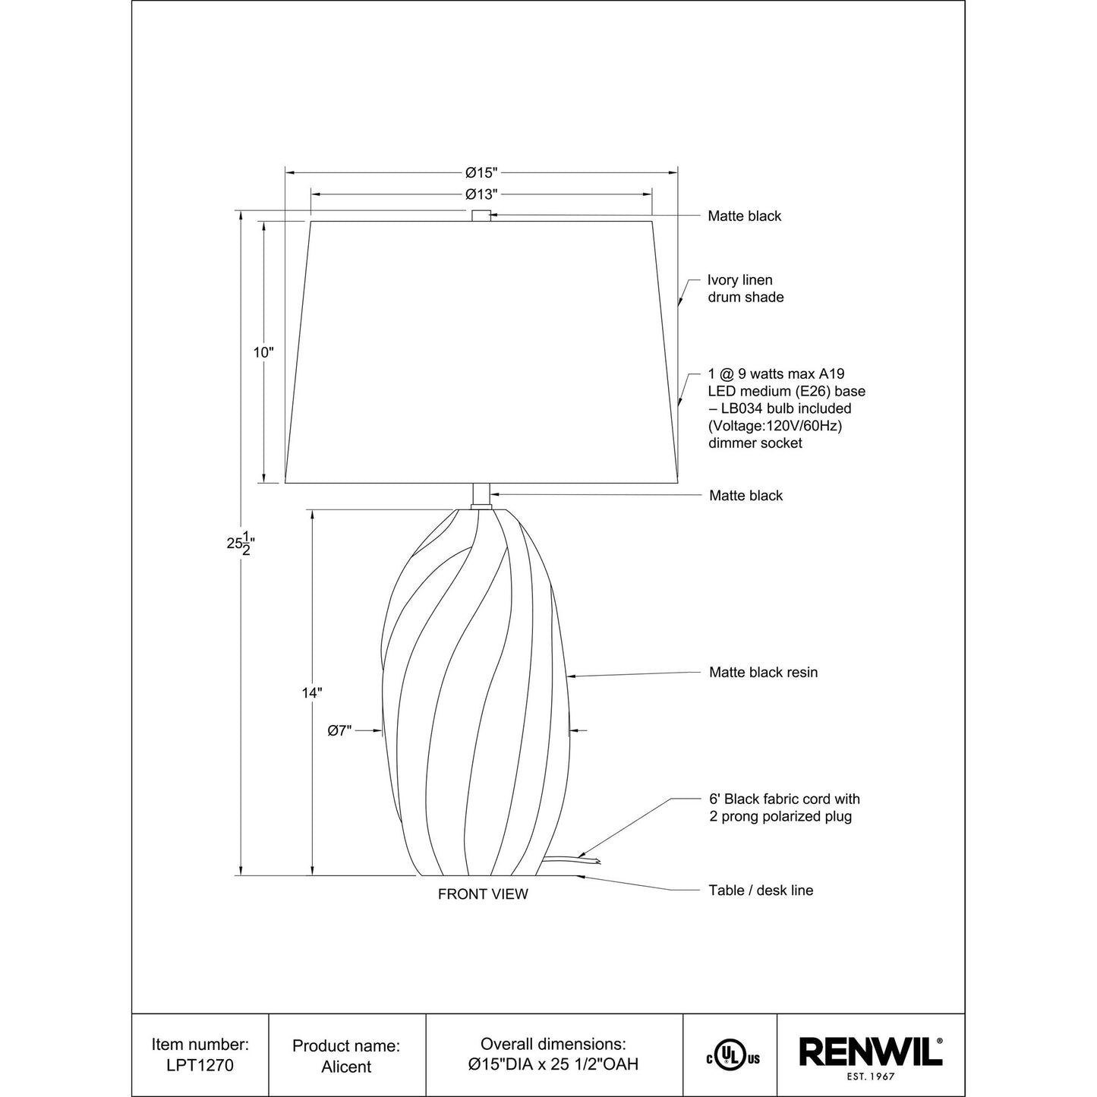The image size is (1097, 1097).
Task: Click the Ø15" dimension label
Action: pyautogui.click(x=481, y=172)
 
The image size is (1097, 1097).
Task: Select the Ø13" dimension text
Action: pyautogui.click(x=481, y=194)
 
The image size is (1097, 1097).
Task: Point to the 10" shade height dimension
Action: pyautogui.click(x=263, y=352)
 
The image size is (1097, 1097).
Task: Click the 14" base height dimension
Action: pyautogui.click(x=312, y=693)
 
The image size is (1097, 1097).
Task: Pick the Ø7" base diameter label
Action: pyautogui.click(x=340, y=730)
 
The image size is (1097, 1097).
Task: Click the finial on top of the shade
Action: pyautogui.click(x=481, y=216)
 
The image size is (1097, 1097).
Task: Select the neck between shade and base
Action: pyautogui.click(x=481, y=496)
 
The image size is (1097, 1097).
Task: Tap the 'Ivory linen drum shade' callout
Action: pyautogui.click(x=746, y=288)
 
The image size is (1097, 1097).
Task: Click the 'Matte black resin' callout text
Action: pyautogui.click(x=764, y=673)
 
